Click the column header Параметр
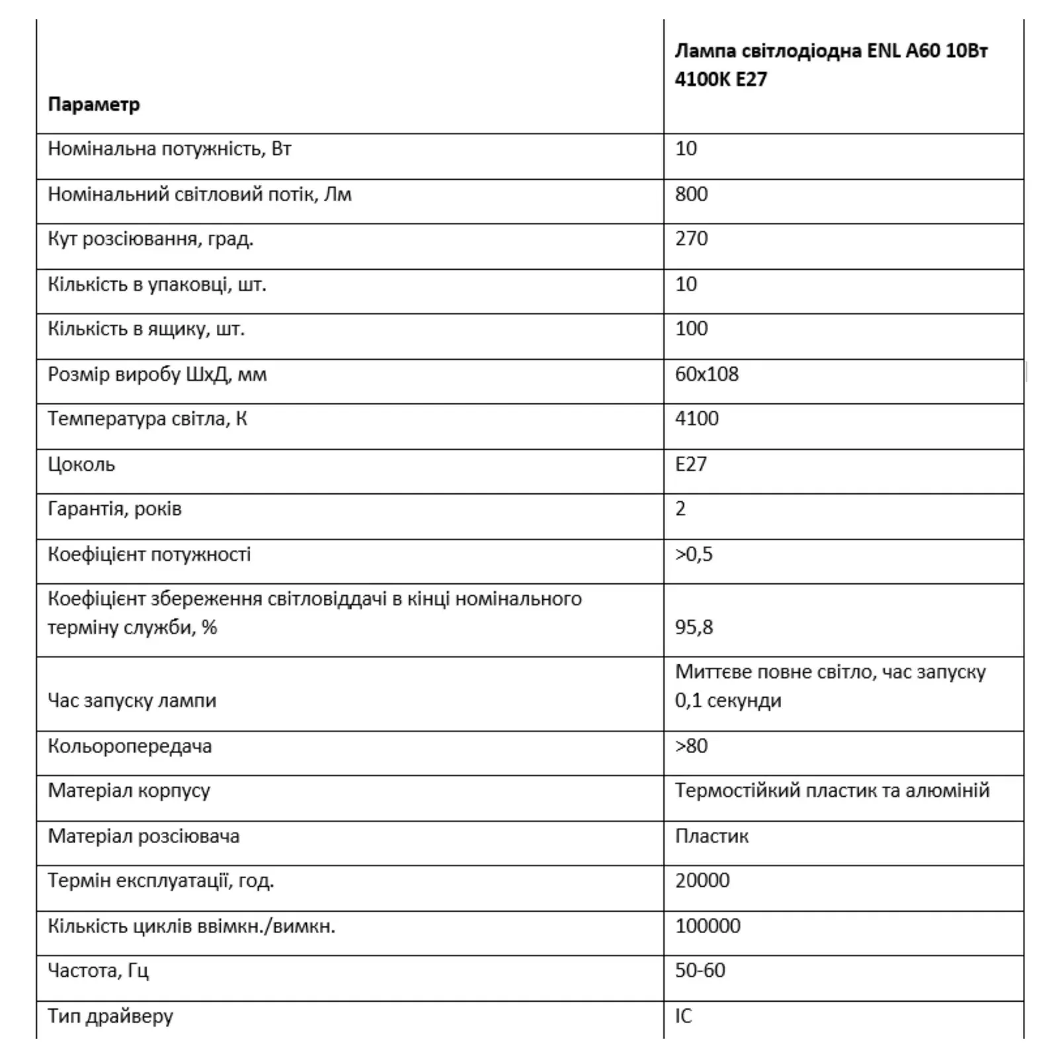94,104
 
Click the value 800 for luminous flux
691,194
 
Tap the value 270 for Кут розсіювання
691,239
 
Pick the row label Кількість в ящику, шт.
146,329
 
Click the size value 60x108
706,374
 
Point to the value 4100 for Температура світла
696,419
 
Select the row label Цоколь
81,464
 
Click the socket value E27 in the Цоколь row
690,464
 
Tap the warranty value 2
680,509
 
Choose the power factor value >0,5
694,554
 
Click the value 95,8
694,627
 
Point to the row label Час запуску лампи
132,700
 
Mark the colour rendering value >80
691,746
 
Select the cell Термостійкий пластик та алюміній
832,790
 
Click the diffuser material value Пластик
712,836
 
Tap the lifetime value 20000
702,881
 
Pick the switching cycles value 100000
708,926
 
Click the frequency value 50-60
700,971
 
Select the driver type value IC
683,1016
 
